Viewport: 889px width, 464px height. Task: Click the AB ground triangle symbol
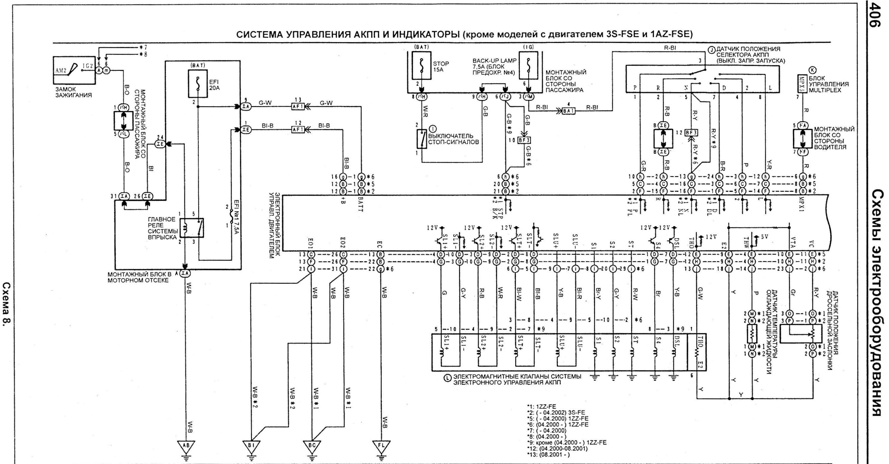(x=186, y=446)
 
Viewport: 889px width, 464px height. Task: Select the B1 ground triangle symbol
(x=251, y=446)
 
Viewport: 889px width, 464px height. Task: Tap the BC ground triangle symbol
(x=312, y=446)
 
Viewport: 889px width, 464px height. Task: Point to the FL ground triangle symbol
(x=381, y=446)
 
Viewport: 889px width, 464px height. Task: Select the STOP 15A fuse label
(x=441, y=66)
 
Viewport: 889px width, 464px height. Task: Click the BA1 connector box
(x=568, y=111)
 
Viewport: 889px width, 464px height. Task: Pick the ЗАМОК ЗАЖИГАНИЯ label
(x=73, y=92)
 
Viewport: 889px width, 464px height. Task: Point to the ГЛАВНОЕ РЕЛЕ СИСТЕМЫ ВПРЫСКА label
(x=162, y=228)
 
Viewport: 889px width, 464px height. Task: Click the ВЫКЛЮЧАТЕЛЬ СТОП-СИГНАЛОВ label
(x=453, y=139)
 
